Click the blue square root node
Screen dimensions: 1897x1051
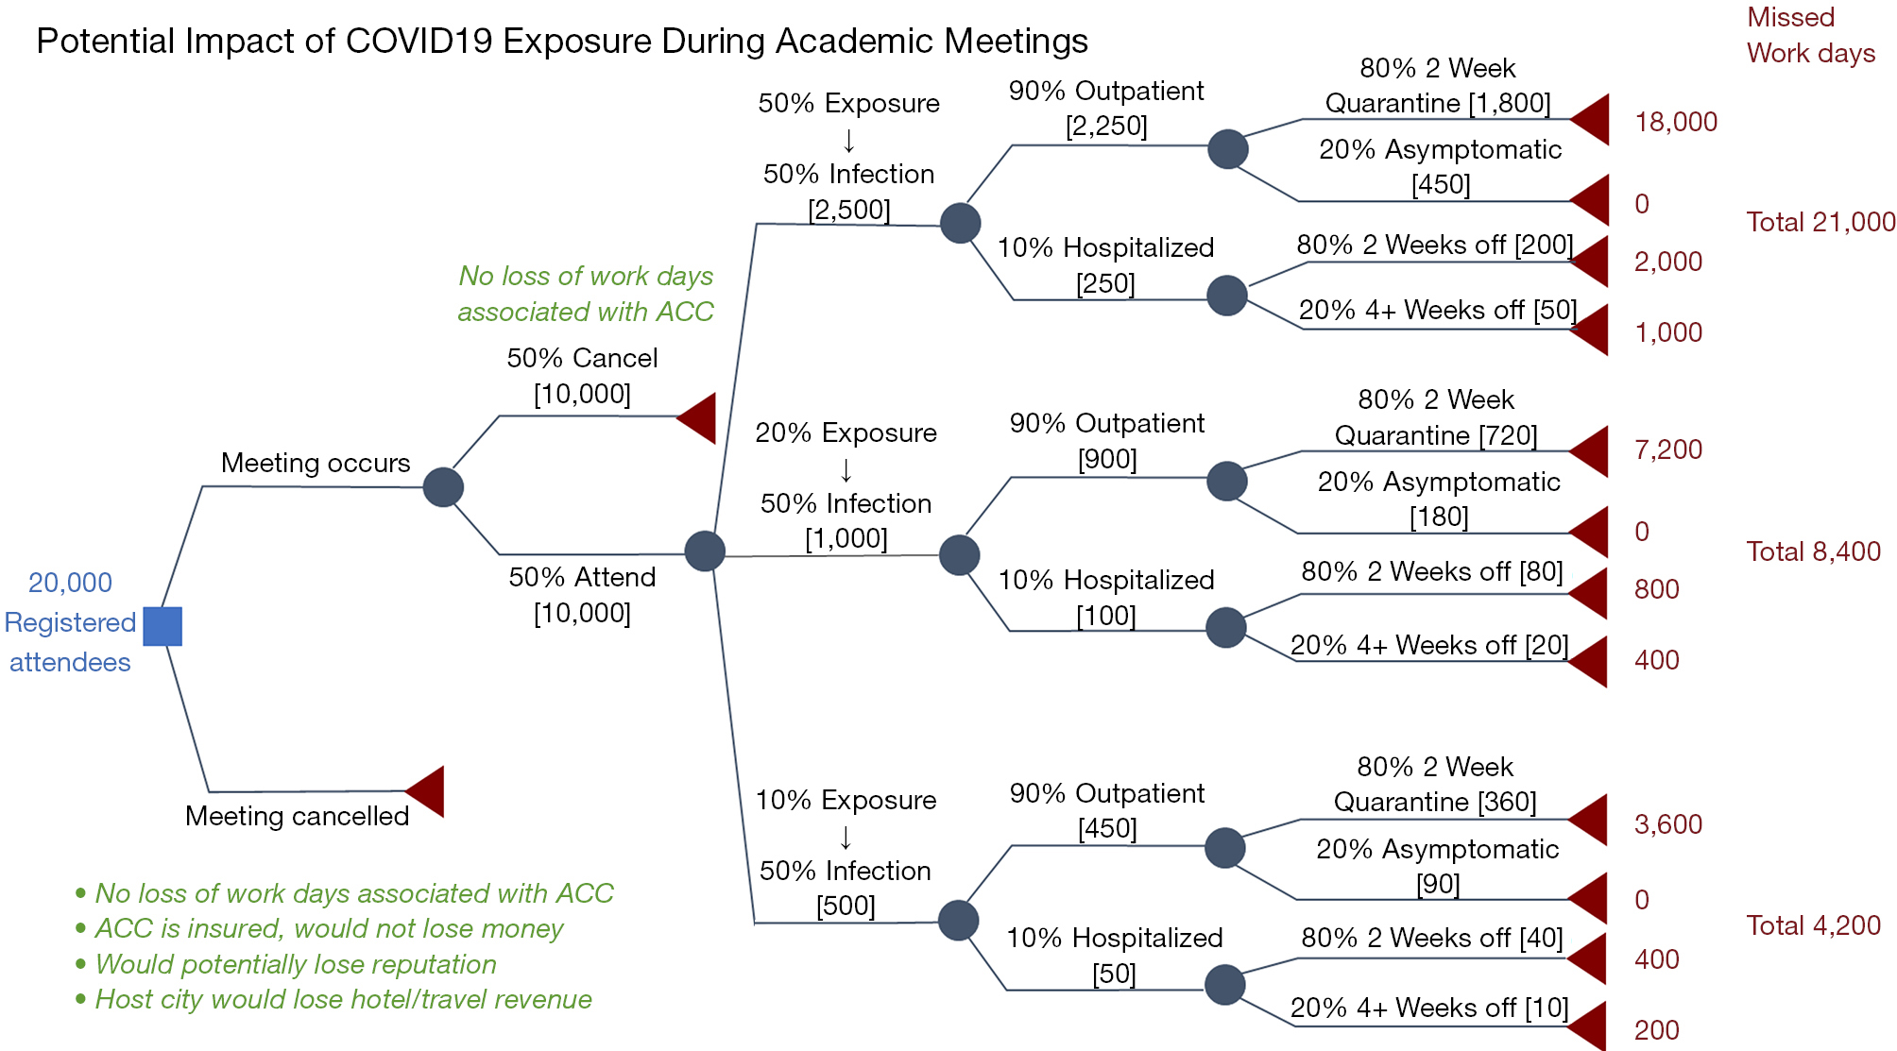[x=162, y=626]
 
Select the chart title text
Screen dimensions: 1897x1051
[x=562, y=41]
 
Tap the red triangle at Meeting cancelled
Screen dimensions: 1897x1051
[x=425, y=791]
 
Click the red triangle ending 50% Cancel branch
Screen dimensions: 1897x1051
[x=697, y=418]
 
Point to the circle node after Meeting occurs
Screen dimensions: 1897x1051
[x=443, y=487]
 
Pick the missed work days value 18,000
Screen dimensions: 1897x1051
[x=1676, y=122]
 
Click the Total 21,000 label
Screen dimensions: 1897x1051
[x=1820, y=222]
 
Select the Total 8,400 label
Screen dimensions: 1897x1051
[x=1813, y=551]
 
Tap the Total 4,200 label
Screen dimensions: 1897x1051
[x=1813, y=925]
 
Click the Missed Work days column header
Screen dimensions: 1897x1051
[x=1810, y=35]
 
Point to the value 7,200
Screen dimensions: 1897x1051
[x=1668, y=449]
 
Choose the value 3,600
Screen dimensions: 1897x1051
[x=1668, y=824]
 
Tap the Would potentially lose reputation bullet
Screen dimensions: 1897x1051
[x=286, y=964]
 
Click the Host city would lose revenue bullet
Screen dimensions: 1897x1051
[x=333, y=999]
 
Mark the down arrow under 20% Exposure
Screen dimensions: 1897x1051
[x=846, y=469]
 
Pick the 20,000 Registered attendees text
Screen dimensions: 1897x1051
[x=70, y=622]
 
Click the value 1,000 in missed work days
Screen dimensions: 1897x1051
[x=1668, y=332]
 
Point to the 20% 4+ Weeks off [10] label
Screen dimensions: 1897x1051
[x=1429, y=1008]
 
